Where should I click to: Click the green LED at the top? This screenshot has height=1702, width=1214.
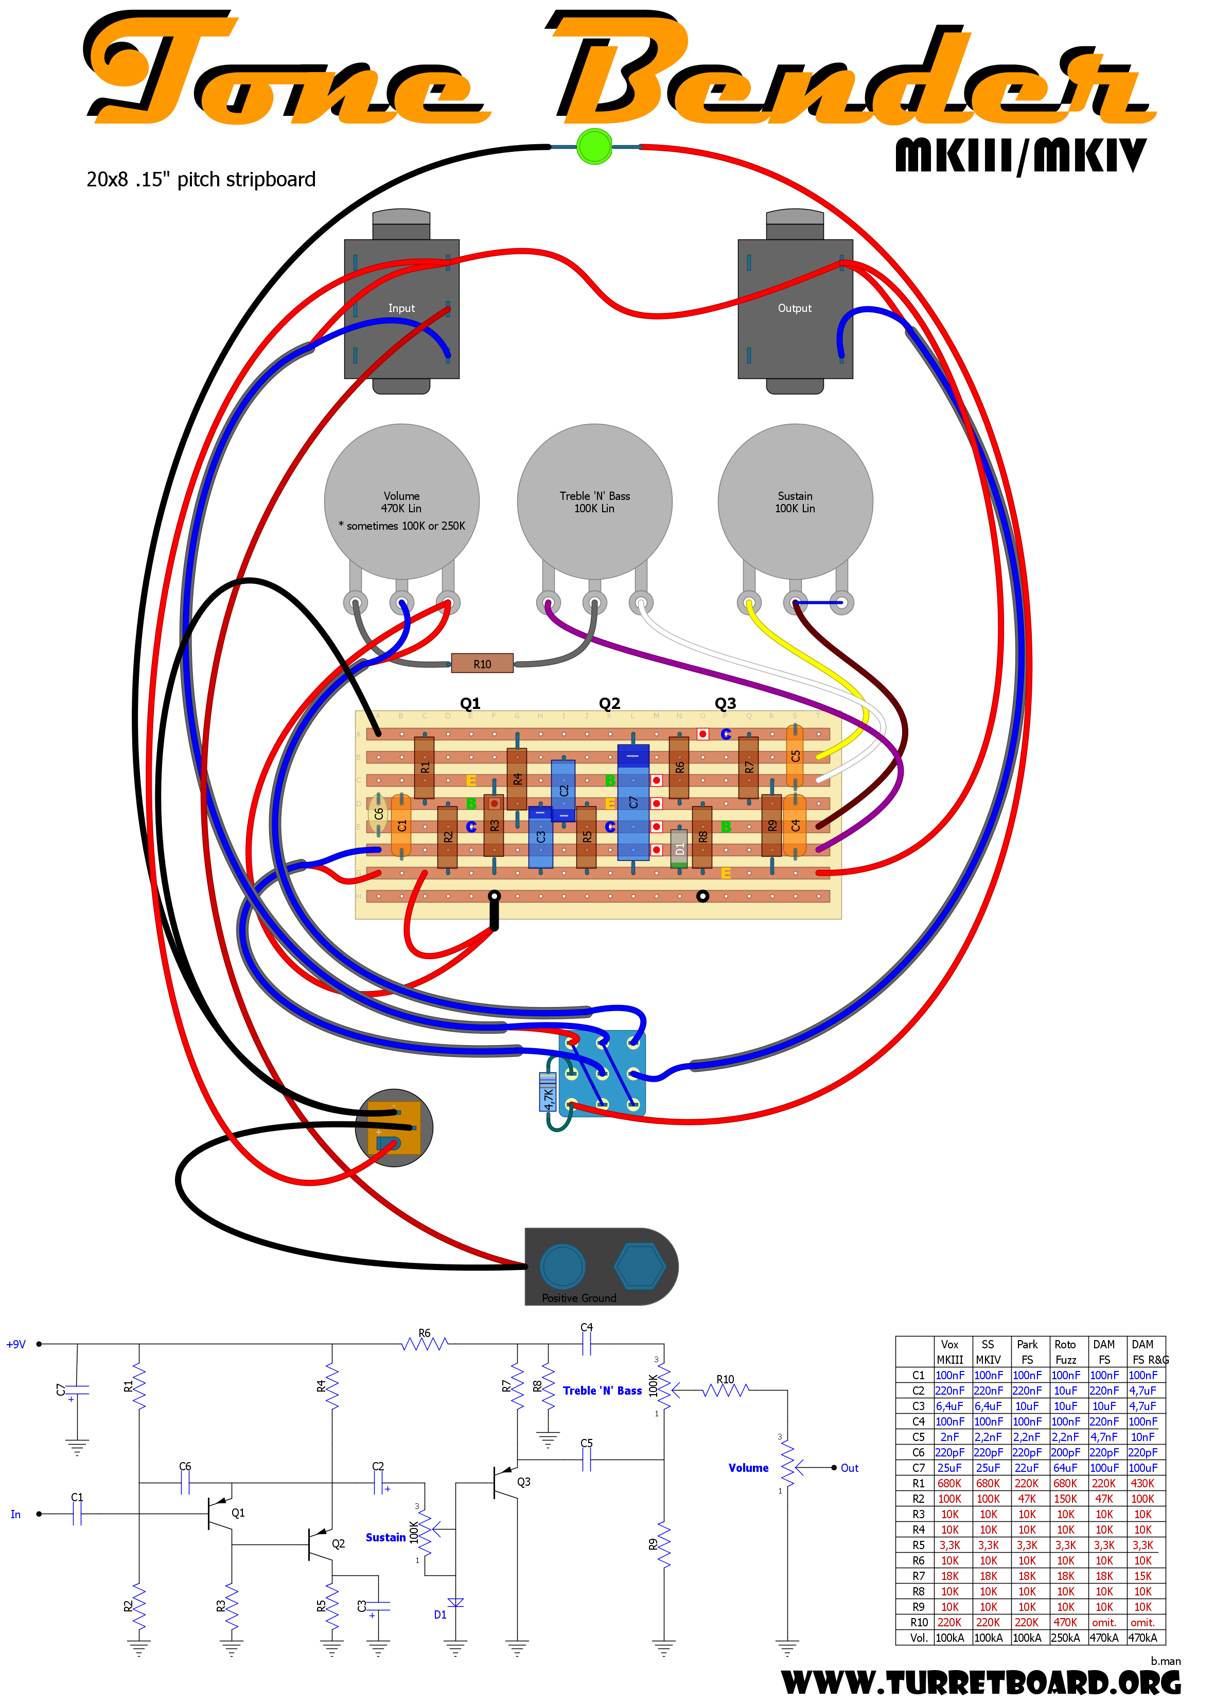point(594,147)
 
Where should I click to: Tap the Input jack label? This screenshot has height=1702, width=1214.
point(401,308)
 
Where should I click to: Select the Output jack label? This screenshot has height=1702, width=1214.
point(795,308)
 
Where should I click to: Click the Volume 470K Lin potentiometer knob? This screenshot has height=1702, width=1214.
point(401,501)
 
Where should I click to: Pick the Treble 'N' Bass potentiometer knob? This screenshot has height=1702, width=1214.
point(594,501)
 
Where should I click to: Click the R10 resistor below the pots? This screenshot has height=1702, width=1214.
point(482,663)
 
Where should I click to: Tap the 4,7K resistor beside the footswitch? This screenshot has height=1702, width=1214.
point(548,1092)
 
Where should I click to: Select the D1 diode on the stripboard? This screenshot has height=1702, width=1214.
point(679,848)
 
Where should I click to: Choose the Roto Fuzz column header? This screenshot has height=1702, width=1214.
point(1065,1352)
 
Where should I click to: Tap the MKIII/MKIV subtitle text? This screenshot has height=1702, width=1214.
point(1021,155)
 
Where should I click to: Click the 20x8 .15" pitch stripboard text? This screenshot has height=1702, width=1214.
point(201,180)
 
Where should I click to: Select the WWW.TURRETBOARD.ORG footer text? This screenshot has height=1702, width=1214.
point(981,1682)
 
